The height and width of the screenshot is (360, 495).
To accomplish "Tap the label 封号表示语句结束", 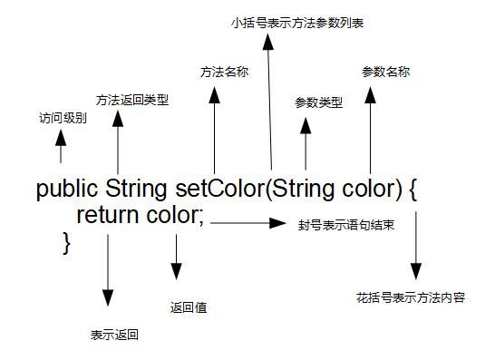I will point(345,223).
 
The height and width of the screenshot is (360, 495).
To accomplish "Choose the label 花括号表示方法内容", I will point(412,297).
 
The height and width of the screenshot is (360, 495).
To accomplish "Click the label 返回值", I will point(189,307).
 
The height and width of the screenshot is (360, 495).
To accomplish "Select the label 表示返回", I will point(113,335).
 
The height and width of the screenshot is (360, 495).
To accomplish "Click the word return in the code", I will point(107,216).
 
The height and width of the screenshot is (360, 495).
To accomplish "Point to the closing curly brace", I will point(65,241).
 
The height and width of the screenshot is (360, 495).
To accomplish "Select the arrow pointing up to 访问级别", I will point(62,145).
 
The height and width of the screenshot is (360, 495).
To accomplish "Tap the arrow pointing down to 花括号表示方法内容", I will point(415,245).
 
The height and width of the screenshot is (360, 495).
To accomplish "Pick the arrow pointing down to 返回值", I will point(176,258).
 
